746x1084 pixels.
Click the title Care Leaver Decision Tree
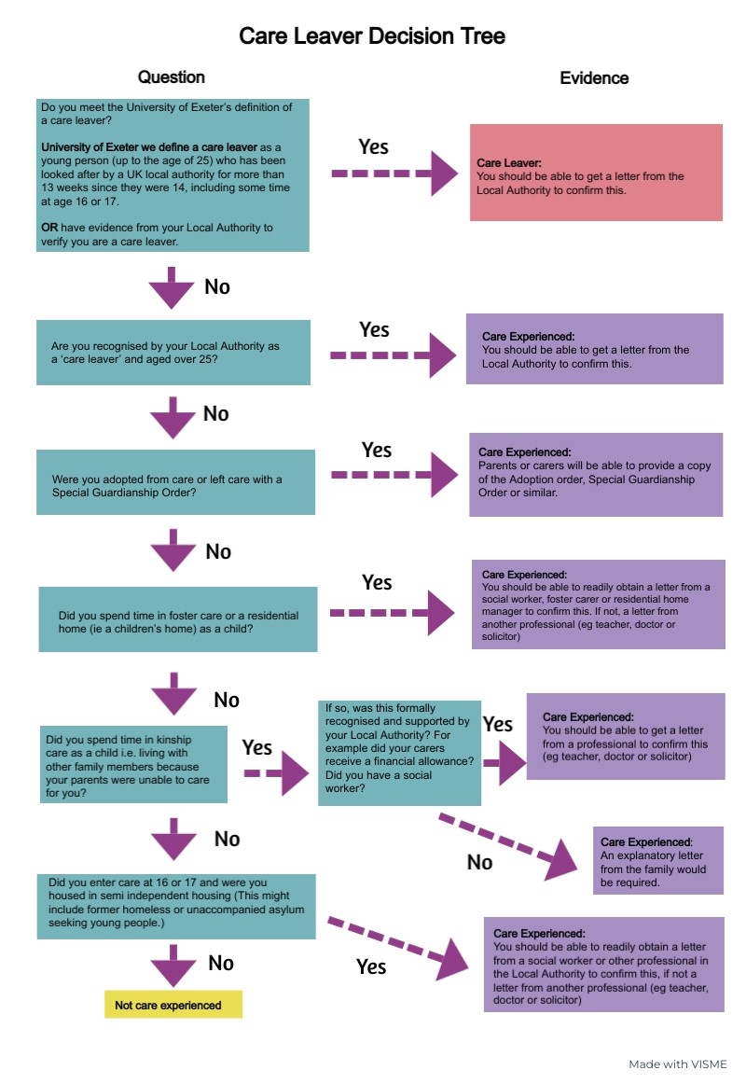(x=372, y=36)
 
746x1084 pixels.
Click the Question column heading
(x=172, y=77)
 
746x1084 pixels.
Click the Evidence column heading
(x=594, y=78)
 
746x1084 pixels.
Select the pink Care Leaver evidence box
(x=596, y=173)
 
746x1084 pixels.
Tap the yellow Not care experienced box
(x=173, y=1005)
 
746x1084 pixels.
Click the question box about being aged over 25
(x=173, y=352)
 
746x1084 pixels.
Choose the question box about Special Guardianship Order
(x=173, y=482)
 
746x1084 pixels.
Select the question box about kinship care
(x=133, y=766)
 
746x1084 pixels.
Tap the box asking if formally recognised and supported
(x=399, y=753)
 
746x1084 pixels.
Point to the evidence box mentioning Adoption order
(x=596, y=474)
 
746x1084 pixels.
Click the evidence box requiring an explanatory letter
(x=657, y=861)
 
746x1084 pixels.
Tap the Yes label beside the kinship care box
(x=257, y=747)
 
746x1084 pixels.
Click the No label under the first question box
(x=216, y=286)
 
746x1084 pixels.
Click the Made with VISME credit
(x=677, y=1063)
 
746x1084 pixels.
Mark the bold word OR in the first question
(x=49, y=227)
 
